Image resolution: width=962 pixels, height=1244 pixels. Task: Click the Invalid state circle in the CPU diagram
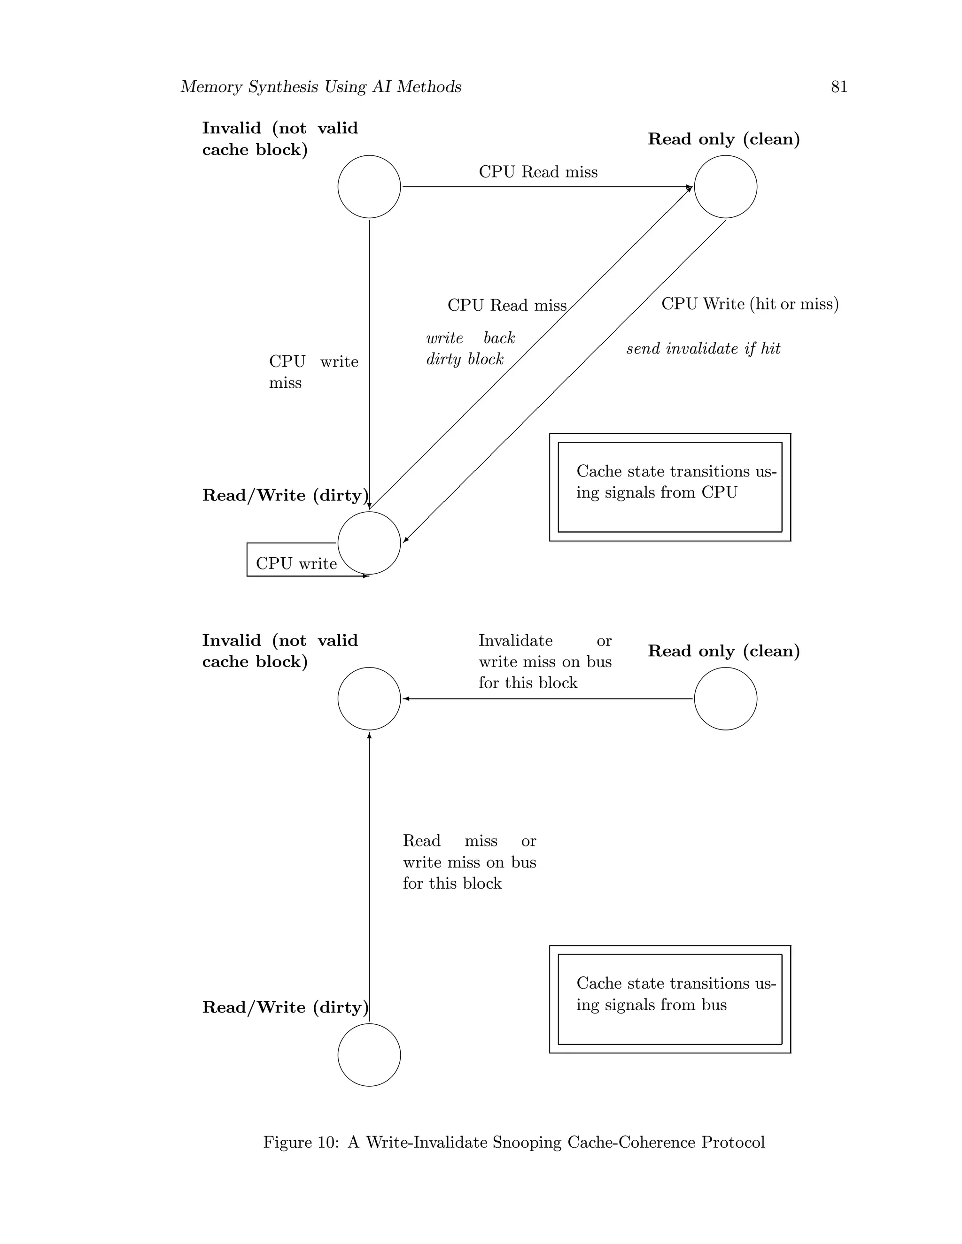click(x=369, y=187)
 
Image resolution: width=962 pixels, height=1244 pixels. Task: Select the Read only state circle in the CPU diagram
click(x=725, y=187)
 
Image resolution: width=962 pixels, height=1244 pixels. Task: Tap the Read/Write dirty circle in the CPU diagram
click(x=369, y=543)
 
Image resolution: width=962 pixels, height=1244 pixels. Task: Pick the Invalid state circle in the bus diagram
click(x=369, y=699)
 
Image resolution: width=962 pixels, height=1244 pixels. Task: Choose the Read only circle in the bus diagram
click(x=725, y=699)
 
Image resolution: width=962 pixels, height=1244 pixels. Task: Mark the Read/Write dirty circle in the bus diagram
click(x=369, y=1055)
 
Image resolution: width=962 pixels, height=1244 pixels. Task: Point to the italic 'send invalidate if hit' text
click(x=703, y=349)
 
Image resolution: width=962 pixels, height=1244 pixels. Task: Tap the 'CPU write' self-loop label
click(x=296, y=563)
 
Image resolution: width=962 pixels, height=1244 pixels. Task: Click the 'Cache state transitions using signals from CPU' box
click(x=670, y=487)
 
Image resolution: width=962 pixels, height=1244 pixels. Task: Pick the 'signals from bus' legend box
click(x=670, y=999)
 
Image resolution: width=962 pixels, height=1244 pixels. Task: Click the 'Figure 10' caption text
click(x=513, y=1143)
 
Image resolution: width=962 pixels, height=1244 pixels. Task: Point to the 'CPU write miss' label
click(x=313, y=372)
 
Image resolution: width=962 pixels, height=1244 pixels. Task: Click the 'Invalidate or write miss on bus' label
click(x=544, y=661)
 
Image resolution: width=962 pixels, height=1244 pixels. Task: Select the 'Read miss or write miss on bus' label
click(x=469, y=862)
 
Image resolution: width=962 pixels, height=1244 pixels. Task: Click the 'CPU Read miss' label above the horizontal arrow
click(x=538, y=172)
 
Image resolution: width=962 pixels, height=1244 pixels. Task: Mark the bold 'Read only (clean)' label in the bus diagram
click(x=724, y=651)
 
